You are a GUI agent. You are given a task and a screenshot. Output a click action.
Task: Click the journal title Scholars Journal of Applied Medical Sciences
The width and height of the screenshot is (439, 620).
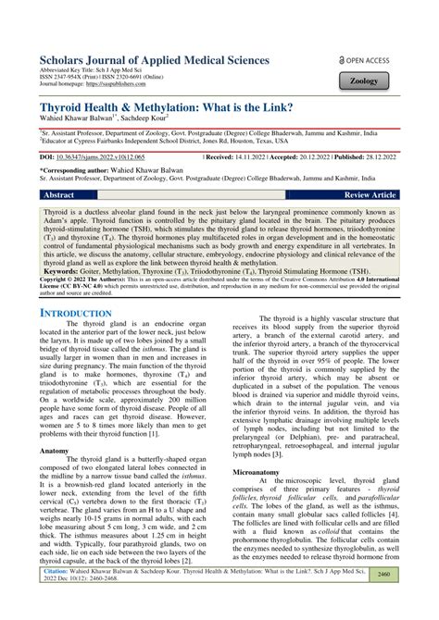155,60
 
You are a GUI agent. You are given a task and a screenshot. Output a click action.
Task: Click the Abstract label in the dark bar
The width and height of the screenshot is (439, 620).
59,196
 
